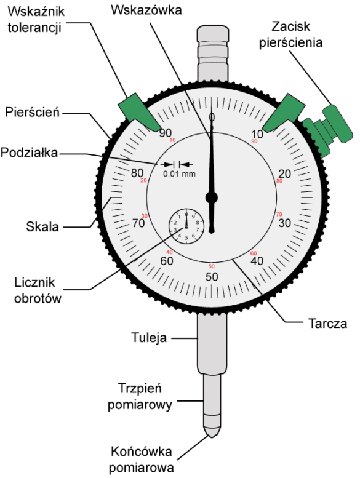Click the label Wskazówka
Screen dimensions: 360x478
tap(146, 10)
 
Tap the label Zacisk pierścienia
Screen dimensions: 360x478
tap(291, 34)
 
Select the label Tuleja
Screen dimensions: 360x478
tap(149, 338)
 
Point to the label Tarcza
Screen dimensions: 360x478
tap(328, 323)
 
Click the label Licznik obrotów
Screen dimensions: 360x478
tap(38, 290)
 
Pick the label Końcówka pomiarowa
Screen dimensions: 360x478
tap(142, 459)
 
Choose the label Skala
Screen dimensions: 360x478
tap(42, 226)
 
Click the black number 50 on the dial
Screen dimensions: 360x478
tap(212, 276)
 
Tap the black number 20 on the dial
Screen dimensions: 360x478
tap(285, 173)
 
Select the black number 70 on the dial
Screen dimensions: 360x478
tap(138, 223)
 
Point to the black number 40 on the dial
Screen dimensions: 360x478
tap(257, 261)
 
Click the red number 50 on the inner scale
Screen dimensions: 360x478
tap(211, 266)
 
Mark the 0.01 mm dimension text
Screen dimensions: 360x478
tap(179, 174)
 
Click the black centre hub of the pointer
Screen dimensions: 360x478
tap(211, 197)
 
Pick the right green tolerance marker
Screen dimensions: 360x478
tap(284, 113)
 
